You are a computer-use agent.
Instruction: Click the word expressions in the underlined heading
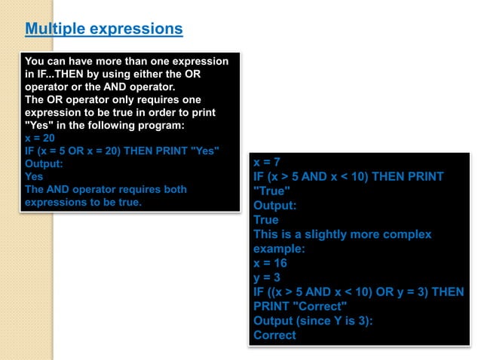coord(136,29)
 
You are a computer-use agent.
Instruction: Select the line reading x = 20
coord(40,138)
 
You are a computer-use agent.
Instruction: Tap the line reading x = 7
coord(267,163)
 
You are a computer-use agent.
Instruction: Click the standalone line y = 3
coord(267,278)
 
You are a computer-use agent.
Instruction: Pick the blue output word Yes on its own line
coord(35,176)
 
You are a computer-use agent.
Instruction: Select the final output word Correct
coord(274,335)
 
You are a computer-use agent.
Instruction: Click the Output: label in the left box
coord(43,163)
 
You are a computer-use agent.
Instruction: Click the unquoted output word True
coord(266,220)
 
